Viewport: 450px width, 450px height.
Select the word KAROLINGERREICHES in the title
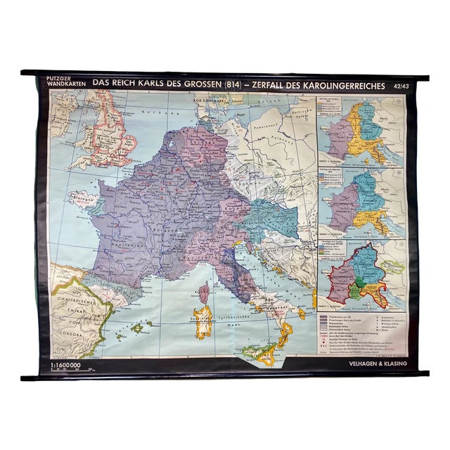342,86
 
